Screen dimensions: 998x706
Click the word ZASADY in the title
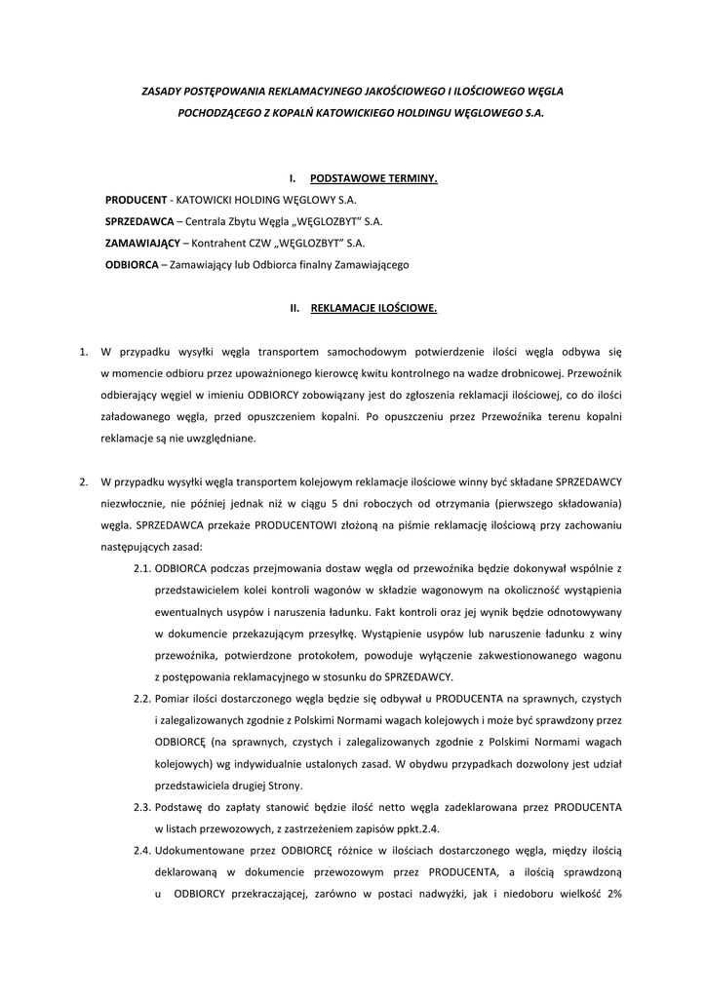point(162,91)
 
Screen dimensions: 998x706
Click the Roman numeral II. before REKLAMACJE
point(294,308)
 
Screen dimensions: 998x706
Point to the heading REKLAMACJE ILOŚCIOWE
point(373,308)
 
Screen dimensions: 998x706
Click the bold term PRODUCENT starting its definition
point(137,199)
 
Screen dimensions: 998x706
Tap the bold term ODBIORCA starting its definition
point(132,264)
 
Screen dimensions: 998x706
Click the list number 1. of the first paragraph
point(84,350)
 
